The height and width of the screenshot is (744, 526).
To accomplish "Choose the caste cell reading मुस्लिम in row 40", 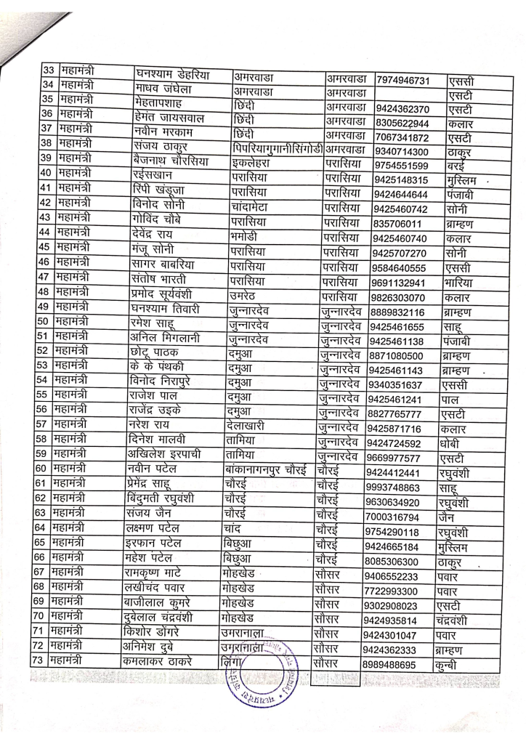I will coord(464,179).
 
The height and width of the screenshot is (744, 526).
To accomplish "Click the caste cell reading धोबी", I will coord(454,444).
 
